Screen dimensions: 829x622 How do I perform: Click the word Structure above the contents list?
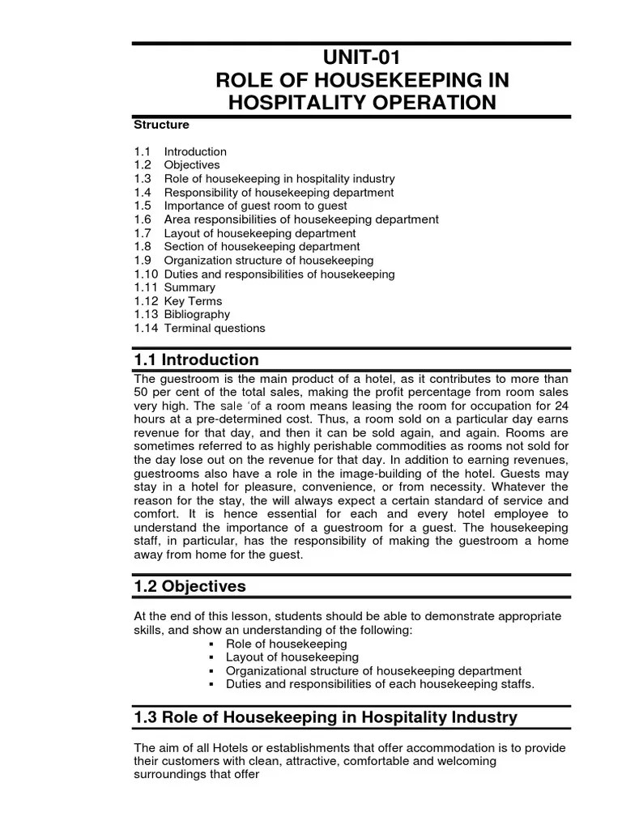pos(161,125)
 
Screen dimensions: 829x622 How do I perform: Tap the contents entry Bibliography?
pos(197,314)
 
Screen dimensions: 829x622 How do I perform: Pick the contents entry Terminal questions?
pos(215,328)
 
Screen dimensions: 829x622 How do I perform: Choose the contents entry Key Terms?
pos(193,301)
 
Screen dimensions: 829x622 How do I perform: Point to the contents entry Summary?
pos(190,287)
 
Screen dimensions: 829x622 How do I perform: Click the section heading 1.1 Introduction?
pos(197,360)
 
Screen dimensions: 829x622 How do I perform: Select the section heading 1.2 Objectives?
pos(190,586)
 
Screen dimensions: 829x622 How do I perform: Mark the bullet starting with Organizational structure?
pos(373,671)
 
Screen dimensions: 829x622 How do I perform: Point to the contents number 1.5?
pos(143,206)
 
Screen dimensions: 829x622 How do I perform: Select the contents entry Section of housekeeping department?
pos(262,246)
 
